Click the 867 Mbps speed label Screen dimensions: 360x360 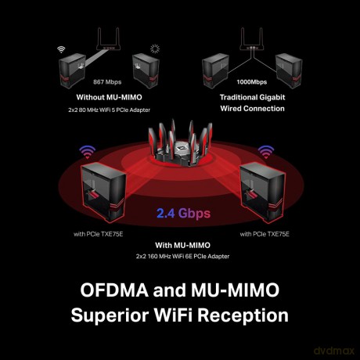[x=107, y=82]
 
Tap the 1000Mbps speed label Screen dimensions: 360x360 [x=252, y=82]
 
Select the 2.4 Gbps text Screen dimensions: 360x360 [x=183, y=213]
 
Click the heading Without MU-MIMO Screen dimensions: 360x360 [x=109, y=97]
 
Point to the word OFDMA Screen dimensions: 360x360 [x=114, y=290]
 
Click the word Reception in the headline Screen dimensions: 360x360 [x=243, y=315]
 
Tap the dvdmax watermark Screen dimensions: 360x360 [x=334, y=351]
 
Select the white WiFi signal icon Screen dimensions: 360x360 [x=61, y=49]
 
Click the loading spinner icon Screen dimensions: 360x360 [x=155, y=49]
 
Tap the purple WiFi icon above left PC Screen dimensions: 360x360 [x=88, y=152]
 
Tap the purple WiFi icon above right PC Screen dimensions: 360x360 [x=266, y=152]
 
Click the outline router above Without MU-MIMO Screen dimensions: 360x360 [x=108, y=38]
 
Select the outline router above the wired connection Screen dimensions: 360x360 [x=251, y=38]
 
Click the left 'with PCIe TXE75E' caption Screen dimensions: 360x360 [x=98, y=234]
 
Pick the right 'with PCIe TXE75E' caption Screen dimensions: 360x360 [x=265, y=234]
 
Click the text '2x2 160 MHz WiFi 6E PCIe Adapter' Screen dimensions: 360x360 [x=182, y=257]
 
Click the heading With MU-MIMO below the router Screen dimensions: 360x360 [x=182, y=245]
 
